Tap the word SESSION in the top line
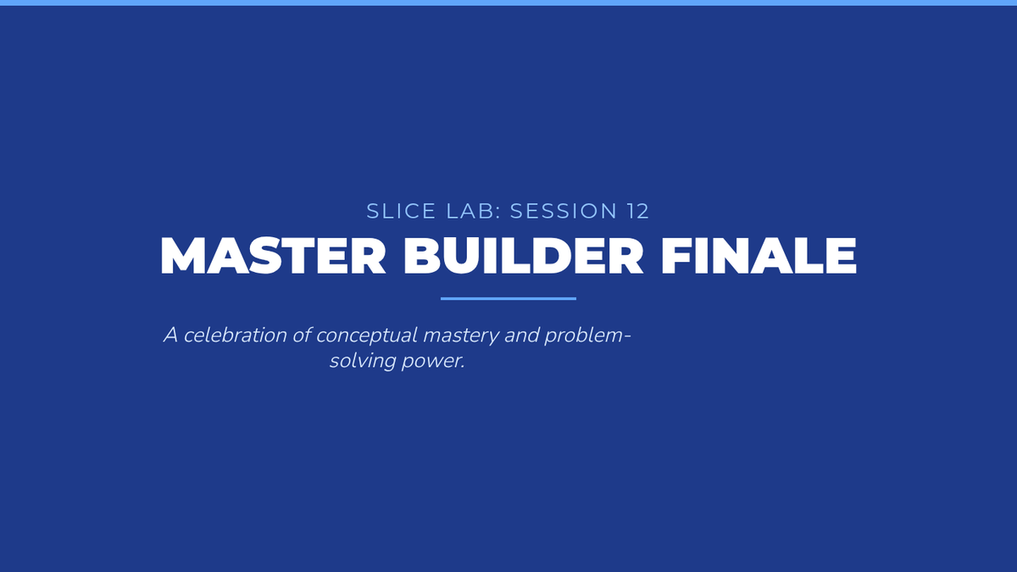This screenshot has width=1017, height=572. point(564,211)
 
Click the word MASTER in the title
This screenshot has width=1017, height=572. point(273,256)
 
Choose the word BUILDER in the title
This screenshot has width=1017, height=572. point(524,256)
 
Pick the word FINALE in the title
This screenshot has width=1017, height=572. point(759,256)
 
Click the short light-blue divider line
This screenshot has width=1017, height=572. point(508,298)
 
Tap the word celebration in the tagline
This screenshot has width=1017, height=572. point(236,336)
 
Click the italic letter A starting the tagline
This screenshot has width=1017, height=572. point(170,336)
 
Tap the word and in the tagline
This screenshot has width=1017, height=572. point(522,336)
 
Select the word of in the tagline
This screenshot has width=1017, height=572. point(302,336)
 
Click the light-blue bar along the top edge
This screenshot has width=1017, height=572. point(508,3)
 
